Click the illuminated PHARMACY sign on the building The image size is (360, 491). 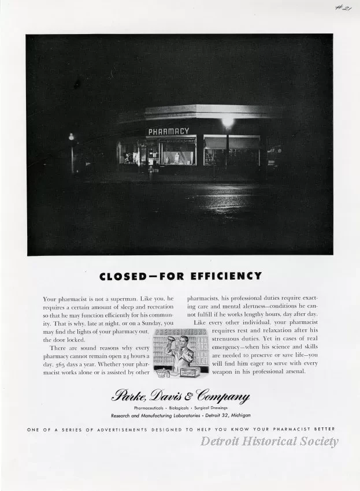point(168,131)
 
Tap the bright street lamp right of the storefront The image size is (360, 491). point(227,122)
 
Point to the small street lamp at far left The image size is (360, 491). point(72,137)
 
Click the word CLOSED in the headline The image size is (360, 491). point(123,276)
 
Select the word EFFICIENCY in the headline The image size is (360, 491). point(222,276)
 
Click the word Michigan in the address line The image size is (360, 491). point(238,415)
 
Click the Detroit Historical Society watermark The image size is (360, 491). point(269,441)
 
